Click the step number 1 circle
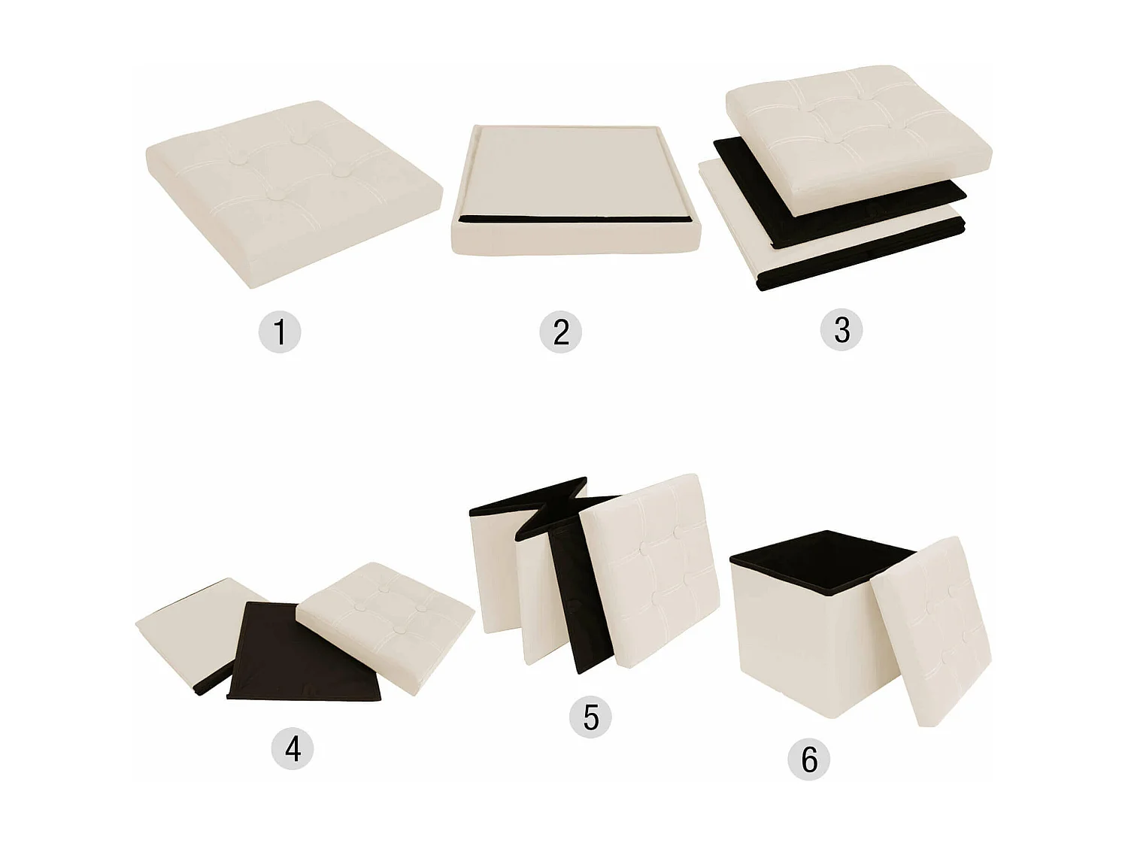pos(280,332)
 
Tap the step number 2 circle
pos(561,332)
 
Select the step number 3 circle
pos(841,329)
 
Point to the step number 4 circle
pos(293,748)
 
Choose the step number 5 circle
pos(591,717)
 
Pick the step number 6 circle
pos(808,759)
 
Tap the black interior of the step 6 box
pos(820,560)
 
